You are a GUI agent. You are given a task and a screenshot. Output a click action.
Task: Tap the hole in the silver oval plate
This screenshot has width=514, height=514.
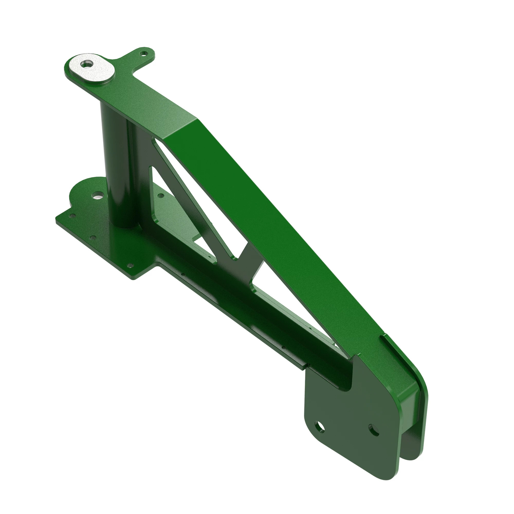[x=86, y=64]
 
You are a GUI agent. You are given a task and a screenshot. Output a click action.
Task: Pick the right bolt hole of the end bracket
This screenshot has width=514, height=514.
[x=374, y=430]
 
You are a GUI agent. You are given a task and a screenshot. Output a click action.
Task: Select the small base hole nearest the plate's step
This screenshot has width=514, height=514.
[x=130, y=265]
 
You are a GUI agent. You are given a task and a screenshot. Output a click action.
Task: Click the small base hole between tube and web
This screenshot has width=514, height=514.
[x=161, y=196]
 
